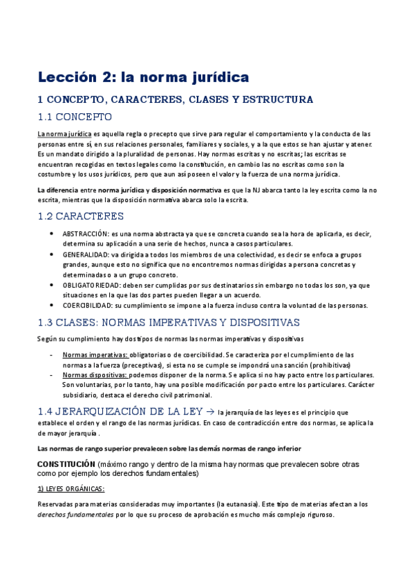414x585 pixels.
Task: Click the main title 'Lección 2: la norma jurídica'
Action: click(142, 75)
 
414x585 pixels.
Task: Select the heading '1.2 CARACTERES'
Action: click(80, 216)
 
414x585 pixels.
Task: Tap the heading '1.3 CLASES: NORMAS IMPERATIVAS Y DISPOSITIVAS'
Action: click(168, 322)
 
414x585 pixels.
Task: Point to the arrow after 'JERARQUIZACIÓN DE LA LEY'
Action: click(211, 411)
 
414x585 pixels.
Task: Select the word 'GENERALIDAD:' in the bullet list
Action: click(84, 254)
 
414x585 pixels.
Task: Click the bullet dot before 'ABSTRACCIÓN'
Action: click(53, 234)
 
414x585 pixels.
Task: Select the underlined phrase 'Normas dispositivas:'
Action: click(95, 375)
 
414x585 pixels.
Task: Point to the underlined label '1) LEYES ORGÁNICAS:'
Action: click(70, 489)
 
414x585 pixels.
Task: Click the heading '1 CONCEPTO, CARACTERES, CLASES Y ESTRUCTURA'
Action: click(175, 99)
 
